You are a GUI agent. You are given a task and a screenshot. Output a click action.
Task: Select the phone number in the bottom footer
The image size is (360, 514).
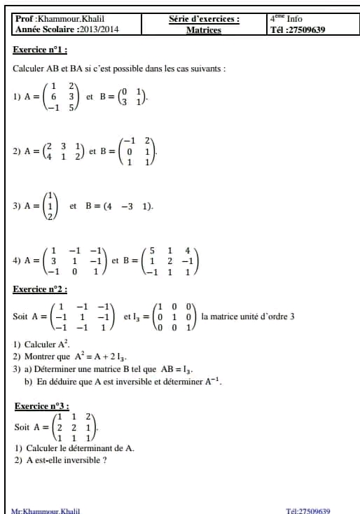[x=314, y=511]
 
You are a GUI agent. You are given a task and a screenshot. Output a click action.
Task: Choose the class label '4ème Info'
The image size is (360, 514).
[x=287, y=19]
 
